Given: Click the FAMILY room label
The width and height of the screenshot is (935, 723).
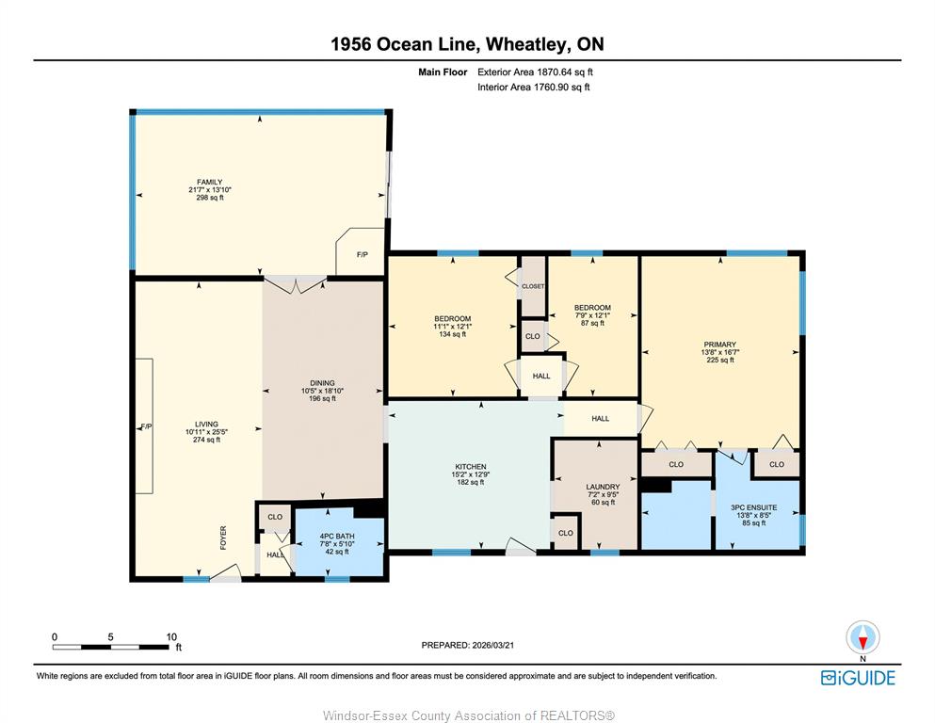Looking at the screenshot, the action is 210,182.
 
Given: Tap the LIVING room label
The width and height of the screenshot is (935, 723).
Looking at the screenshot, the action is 206,425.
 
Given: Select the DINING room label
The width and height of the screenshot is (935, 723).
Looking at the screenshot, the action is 322,382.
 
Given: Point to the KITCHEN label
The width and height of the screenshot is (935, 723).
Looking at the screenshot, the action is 471,467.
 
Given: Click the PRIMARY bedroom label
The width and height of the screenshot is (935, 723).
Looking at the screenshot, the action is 719,345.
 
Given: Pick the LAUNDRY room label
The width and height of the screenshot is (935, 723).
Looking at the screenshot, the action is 603,487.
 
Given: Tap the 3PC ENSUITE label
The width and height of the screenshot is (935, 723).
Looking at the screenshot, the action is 753,507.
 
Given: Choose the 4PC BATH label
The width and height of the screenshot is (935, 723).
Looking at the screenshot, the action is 337,536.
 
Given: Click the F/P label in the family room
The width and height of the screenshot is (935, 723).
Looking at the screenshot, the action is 362,254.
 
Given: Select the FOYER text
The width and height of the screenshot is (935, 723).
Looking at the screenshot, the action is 223,537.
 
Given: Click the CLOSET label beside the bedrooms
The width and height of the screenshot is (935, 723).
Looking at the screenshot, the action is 533,286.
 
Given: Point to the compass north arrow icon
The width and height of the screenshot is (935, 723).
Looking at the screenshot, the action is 862,637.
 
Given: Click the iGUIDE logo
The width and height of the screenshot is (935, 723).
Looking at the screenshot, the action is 858,678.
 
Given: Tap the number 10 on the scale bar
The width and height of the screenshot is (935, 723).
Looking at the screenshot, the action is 171,636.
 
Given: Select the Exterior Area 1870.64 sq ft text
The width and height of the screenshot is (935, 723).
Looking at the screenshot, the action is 535,72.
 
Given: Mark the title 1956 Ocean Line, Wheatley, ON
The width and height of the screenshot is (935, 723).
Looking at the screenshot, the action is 467,44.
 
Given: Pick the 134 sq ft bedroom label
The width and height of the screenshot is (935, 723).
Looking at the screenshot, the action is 452,334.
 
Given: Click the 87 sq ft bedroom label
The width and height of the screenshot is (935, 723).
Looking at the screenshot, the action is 592,323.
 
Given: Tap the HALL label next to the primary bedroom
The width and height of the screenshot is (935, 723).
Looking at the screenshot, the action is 601,418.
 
